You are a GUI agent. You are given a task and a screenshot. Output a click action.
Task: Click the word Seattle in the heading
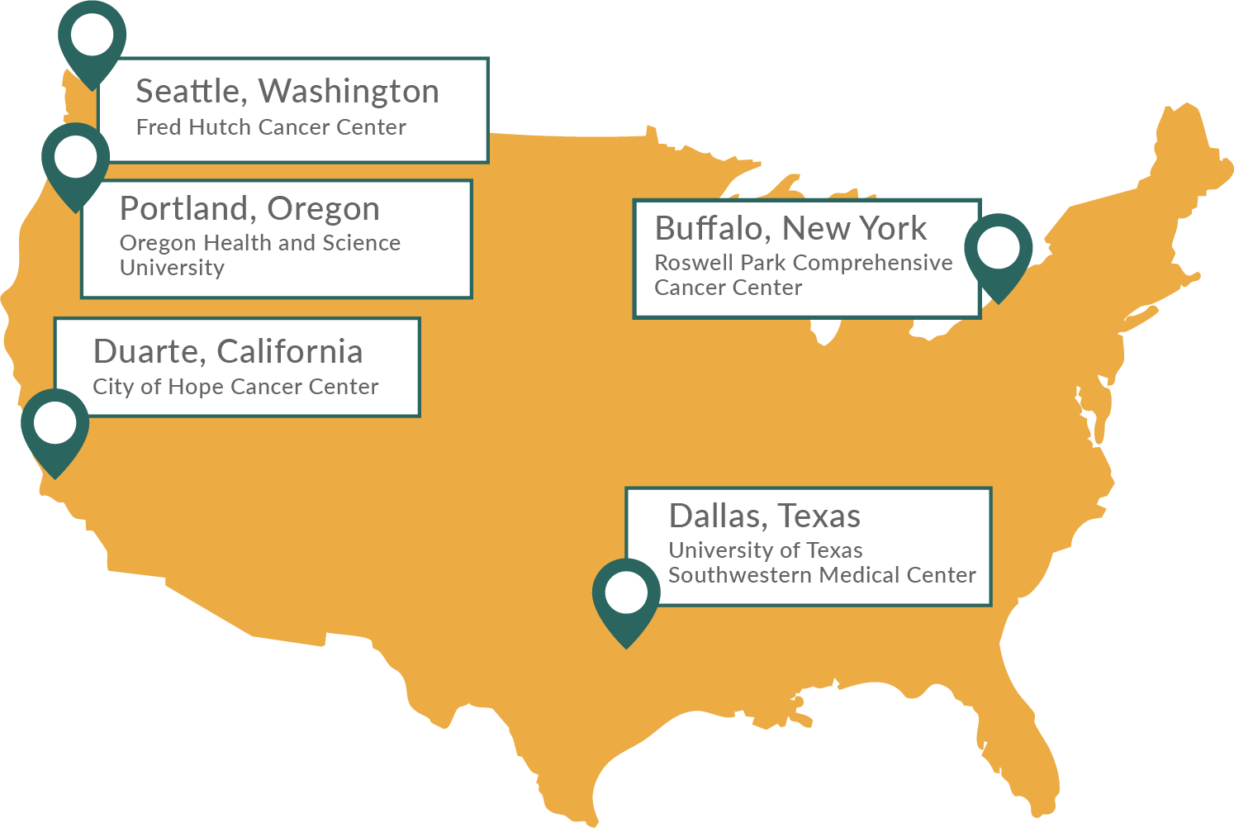[x=191, y=92]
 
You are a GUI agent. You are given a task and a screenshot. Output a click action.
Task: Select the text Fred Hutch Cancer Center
[x=271, y=127]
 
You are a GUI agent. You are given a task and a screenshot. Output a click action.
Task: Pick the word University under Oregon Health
[x=172, y=268]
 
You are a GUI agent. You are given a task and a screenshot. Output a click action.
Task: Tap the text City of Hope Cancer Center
[x=235, y=387]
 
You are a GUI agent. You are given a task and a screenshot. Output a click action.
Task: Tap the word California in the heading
[x=290, y=352]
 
